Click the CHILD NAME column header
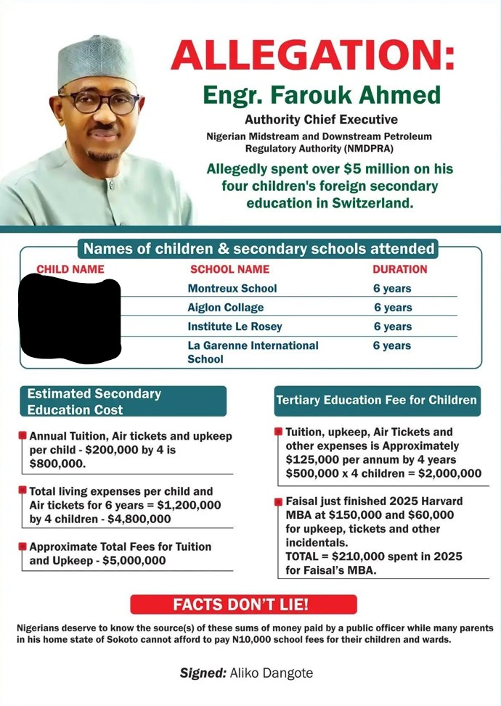coord(70,269)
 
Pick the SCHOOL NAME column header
coord(229,269)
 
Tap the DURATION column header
coord(399,269)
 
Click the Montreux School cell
coord(232,288)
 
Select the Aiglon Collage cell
coord(226,308)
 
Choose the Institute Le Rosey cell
coord(235,327)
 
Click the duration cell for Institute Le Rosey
coord(393,327)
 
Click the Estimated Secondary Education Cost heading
coord(94,401)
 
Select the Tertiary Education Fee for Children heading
coord(376,400)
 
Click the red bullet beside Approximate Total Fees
coord(24,546)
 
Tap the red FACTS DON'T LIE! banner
coord(243,604)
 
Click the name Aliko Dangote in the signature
coord(272,673)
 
